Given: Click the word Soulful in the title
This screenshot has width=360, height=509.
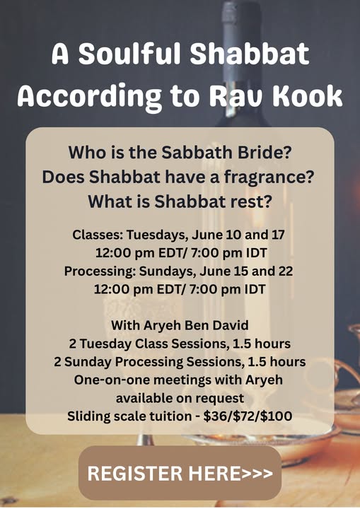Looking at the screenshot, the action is (x=129, y=53).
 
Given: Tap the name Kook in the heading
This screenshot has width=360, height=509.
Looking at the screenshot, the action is (x=308, y=95).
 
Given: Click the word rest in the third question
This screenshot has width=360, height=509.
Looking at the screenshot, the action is (x=251, y=201).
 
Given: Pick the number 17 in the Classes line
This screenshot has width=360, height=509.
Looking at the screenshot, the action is (x=278, y=235).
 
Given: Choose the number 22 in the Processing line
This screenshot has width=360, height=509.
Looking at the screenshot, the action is (x=285, y=271).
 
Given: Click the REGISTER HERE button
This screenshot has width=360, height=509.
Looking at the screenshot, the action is (x=180, y=473).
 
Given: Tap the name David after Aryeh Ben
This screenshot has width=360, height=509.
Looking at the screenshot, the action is (x=231, y=325).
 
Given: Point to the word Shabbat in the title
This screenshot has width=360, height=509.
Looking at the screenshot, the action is (x=250, y=53).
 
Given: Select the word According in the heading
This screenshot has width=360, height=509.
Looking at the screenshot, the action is (x=89, y=96).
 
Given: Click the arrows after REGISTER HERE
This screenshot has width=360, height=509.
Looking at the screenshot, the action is (x=257, y=473).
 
